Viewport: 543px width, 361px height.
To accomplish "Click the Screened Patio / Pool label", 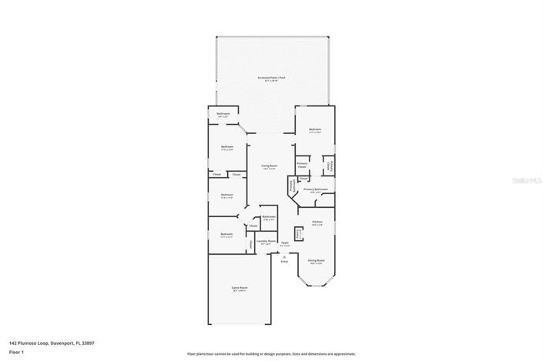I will [271, 78].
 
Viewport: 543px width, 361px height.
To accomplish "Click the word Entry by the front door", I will [284, 262].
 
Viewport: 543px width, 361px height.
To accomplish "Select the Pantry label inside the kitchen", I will [299, 233].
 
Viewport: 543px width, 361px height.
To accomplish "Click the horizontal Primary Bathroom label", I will [315, 189].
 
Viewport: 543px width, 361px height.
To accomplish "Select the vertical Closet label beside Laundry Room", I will [250, 245].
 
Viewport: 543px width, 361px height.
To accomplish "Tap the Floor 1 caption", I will [15, 351].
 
